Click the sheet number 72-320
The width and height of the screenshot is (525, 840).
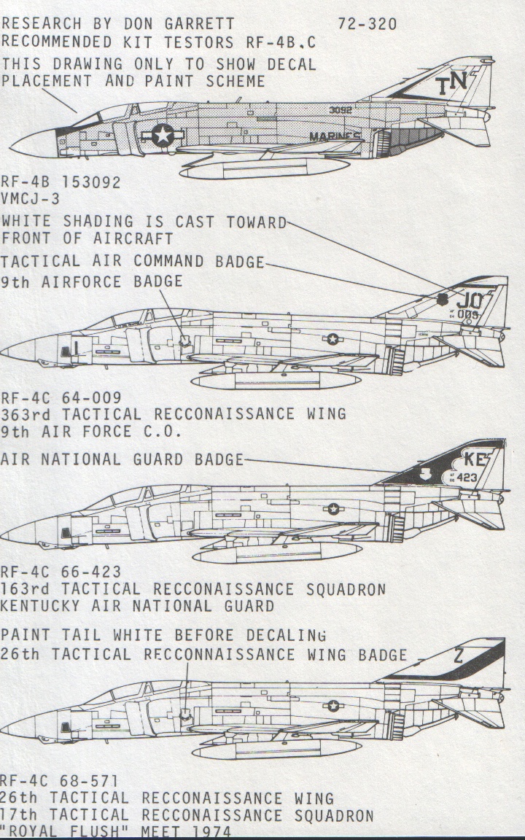tap(367, 24)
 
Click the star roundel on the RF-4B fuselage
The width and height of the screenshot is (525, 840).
tap(163, 135)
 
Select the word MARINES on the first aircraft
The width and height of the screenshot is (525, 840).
tap(335, 136)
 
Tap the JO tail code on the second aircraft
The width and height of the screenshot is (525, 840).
tap(469, 299)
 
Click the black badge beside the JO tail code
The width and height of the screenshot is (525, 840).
tap(443, 299)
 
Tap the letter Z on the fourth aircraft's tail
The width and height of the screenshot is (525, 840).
tap(458, 656)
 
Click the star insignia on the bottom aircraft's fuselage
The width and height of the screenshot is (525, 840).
tap(333, 704)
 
